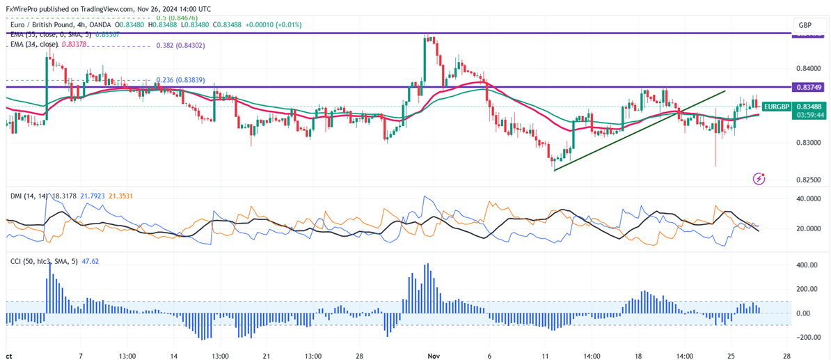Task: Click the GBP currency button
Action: (x=805, y=25)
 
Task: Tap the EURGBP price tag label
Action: (x=775, y=107)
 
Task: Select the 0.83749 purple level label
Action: (x=809, y=87)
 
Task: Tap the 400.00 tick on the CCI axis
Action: (x=807, y=265)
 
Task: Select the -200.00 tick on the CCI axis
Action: (x=807, y=337)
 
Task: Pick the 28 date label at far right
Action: (x=786, y=354)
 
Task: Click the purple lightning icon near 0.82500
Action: (x=759, y=179)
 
